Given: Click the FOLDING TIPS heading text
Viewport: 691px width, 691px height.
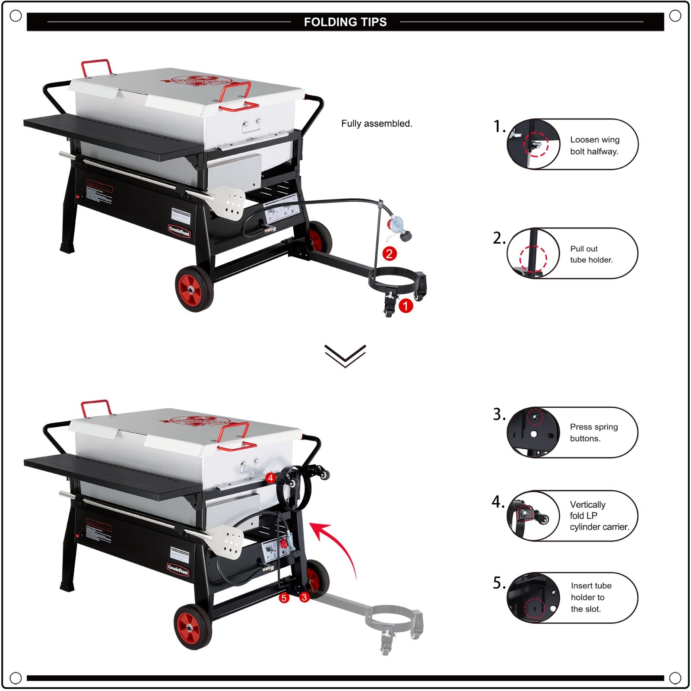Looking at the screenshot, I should click(345, 22).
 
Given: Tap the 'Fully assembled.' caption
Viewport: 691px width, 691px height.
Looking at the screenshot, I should click(377, 124).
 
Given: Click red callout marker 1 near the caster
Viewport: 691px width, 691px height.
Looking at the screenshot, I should click(406, 306).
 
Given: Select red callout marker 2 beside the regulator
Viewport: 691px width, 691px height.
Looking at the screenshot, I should click(389, 254).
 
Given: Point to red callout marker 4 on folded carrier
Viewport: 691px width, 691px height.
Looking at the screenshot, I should click(270, 478).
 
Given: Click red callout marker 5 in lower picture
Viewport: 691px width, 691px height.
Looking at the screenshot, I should click(284, 598).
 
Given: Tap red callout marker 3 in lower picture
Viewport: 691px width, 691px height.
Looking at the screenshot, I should click(304, 597).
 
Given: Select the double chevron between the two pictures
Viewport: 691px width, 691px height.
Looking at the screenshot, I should click(345, 356).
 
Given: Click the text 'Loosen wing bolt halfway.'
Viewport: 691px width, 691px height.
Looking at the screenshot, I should click(594, 146).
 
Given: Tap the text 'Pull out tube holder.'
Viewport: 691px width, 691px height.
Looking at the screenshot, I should click(591, 254).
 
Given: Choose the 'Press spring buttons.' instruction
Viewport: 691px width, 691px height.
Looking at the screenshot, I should click(593, 432).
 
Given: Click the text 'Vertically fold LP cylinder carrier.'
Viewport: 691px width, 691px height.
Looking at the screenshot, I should click(599, 516).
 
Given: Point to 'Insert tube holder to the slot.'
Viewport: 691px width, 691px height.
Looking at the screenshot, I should click(591, 597).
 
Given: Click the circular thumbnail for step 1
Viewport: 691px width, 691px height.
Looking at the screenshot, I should click(533, 144).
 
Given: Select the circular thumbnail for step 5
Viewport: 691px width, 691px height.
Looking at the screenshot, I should click(533, 598).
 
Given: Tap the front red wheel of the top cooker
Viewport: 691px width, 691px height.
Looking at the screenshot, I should click(195, 288).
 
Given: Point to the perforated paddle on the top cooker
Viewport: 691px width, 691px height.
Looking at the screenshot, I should click(229, 202).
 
